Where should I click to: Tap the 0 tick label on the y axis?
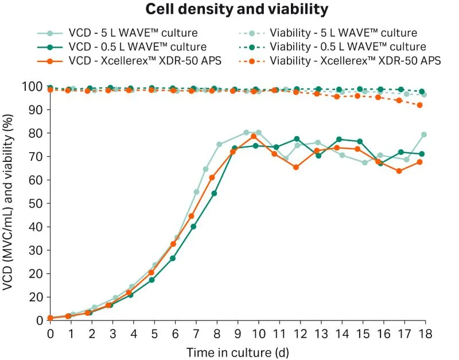38,320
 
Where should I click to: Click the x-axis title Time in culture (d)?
238,350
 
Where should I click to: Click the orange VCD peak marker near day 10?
254,136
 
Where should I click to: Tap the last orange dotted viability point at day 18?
420,105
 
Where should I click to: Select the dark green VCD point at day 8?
214,193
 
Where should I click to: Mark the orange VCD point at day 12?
296,167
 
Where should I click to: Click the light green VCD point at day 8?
219,145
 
